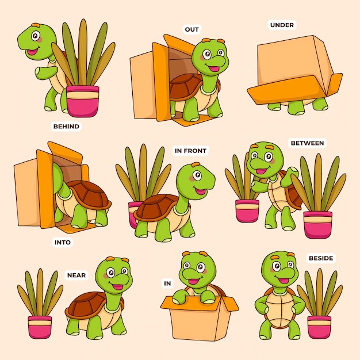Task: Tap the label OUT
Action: (192, 29)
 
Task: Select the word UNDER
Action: (282, 25)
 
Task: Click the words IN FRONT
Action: (190, 151)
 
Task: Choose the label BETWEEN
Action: (307, 143)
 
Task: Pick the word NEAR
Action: (76, 275)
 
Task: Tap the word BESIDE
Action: (320, 258)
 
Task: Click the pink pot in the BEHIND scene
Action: (83, 101)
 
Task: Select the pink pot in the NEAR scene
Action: (40, 326)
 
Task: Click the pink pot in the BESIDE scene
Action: (319, 326)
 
